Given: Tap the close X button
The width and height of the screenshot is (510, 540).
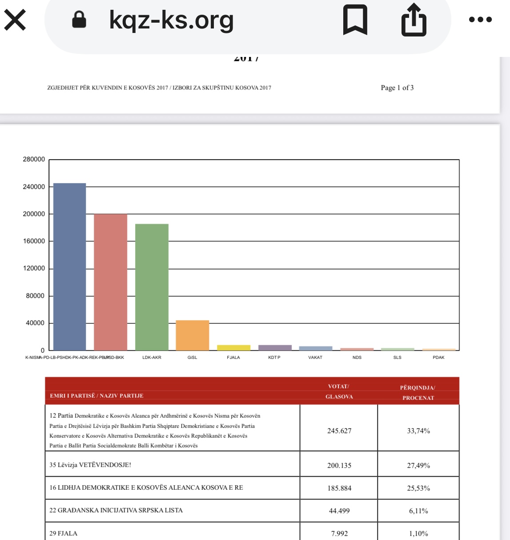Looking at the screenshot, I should click(x=15, y=20).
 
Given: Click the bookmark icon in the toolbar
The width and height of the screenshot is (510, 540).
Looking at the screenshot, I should click(x=355, y=20).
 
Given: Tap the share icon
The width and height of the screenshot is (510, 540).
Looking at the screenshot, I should click(x=414, y=20).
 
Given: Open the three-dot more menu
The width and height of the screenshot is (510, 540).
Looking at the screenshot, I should click(x=480, y=20).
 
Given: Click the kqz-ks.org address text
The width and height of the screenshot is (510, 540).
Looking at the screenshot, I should click(x=171, y=20).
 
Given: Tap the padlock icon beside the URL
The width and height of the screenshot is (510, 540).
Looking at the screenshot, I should click(x=79, y=20).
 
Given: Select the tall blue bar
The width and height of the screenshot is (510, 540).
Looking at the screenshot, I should click(x=69, y=267).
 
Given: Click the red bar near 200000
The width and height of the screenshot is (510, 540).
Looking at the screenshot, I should click(x=110, y=282).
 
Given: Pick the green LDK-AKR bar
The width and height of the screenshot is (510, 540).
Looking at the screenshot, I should click(x=152, y=287).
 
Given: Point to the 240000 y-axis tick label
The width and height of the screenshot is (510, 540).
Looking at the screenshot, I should click(x=34, y=187).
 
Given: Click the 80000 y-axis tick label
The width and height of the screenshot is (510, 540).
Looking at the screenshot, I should click(x=35, y=296).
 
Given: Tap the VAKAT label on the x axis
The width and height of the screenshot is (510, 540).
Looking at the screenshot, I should click(x=315, y=358).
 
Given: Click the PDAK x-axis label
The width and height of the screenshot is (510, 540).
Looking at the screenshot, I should click(x=438, y=358).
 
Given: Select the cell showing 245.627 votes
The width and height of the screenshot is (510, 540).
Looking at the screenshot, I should click(x=339, y=431).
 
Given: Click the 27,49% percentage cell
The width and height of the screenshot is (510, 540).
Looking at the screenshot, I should click(x=418, y=465).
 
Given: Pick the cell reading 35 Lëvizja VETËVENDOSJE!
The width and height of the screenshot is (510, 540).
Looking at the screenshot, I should click(x=90, y=465).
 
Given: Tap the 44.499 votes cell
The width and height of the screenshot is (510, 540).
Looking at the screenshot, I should click(x=339, y=511).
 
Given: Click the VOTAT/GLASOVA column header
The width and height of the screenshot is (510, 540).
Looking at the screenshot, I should click(x=339, y=391).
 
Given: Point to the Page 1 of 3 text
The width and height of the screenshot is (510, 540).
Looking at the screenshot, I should click(x=397, y=88).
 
